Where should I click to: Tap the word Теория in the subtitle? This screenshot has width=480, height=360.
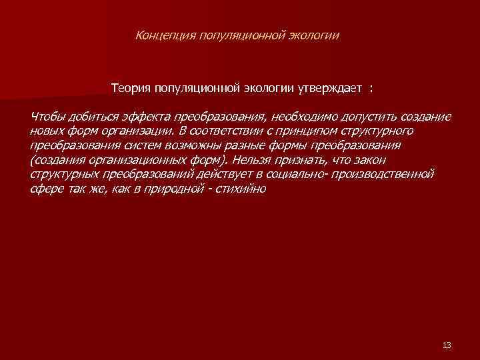tap(131, 88)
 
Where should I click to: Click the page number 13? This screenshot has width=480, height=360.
tap(447, 345)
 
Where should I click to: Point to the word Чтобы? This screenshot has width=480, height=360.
tap(47, 117)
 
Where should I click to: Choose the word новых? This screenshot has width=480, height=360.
tap(46, 131)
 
